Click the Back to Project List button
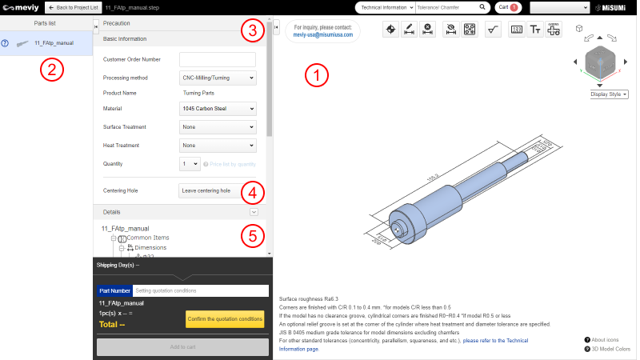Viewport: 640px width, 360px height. pyautogui.click(x=72, y=7)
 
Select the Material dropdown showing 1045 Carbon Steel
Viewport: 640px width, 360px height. pyautogui.click(x=218, y=109)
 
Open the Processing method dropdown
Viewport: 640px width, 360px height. pyautogui.click(x=218, y=78)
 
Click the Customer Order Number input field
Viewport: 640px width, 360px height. pyautogui.click(x=218, y=59)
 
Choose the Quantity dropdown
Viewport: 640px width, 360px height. pyautogui.click(x=189, y=164)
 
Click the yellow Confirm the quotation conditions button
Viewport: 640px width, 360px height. pyautogui.click(x=225, y=319)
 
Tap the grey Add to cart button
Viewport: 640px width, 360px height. pyautogui.click(x=182, y=347)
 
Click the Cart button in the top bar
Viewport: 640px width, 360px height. pyautogui.click(x=507, y=7)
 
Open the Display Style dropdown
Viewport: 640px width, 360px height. pyautogui.click(x=608, y=94)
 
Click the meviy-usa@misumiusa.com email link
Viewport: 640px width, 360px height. pyautogui.click(x=322, y=35)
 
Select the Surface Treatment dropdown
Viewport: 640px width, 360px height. pyautogui.click(x=218, y=127)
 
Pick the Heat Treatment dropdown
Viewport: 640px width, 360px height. pyautogui.click(x=218, y=146)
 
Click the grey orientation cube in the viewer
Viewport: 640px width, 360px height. pyautogui.click(x=601, y=62)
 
